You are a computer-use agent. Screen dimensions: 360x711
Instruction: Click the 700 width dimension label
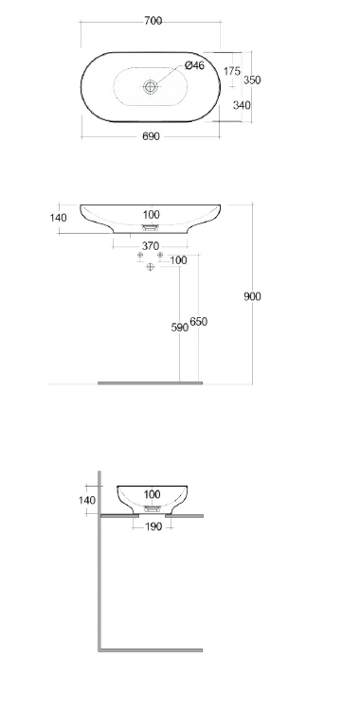153,21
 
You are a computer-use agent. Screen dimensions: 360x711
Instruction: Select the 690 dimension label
151,136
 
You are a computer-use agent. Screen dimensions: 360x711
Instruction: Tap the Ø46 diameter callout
194,65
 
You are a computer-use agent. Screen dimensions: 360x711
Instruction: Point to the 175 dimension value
232,71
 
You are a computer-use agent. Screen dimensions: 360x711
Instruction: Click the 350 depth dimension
252,80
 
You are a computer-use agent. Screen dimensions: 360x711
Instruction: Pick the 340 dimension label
242,105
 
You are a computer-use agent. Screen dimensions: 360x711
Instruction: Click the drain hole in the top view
150,86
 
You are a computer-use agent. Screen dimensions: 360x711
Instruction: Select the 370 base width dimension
151,246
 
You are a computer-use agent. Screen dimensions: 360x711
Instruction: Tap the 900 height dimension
252,296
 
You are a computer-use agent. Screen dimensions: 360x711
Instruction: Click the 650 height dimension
198,322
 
